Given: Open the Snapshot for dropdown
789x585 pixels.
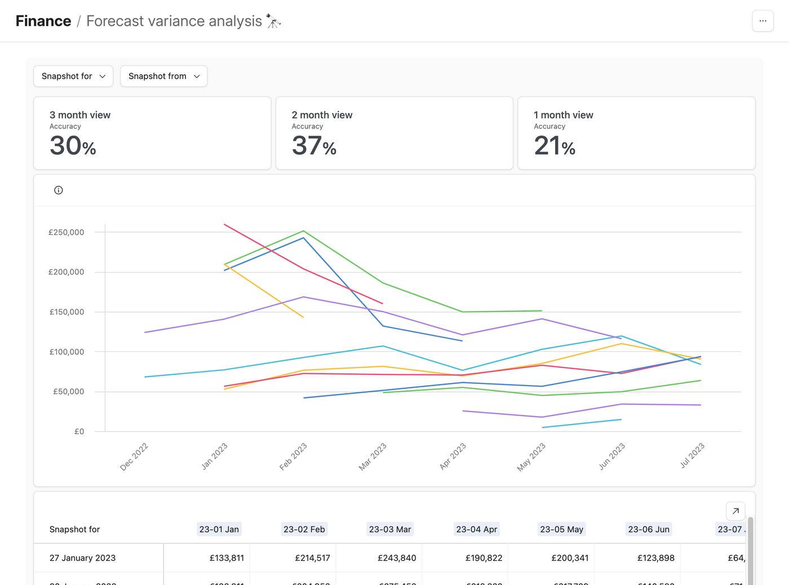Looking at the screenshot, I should point(73,77).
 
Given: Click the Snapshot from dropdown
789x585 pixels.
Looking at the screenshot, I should point(163,77).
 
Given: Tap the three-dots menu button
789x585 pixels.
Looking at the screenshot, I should point(763,21).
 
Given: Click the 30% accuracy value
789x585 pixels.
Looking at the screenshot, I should point(73,146).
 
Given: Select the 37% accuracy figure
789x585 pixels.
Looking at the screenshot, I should point(314,146).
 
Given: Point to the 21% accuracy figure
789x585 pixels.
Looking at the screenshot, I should point(555,146).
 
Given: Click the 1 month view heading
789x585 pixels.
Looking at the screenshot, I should point(563,115).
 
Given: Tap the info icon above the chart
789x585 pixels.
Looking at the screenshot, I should point(59,190).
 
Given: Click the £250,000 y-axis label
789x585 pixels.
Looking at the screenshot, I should point(66,233).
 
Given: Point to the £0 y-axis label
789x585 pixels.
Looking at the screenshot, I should point(79,432).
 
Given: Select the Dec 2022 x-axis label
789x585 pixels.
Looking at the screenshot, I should point(134,457).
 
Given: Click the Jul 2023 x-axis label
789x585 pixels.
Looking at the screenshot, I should point(692,456).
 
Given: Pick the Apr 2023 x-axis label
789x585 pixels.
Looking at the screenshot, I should point(453,456).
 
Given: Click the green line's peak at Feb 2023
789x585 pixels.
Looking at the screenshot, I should point(303,231).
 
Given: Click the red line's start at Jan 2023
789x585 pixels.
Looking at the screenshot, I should point(225,225).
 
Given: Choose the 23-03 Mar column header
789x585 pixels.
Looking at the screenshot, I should point(390,529).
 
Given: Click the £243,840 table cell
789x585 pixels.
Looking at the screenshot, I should point(397,558).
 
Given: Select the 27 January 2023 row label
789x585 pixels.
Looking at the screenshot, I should point(82,558).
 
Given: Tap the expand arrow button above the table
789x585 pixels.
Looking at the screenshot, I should point(735,511).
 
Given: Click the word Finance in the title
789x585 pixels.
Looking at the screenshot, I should point(43,21).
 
